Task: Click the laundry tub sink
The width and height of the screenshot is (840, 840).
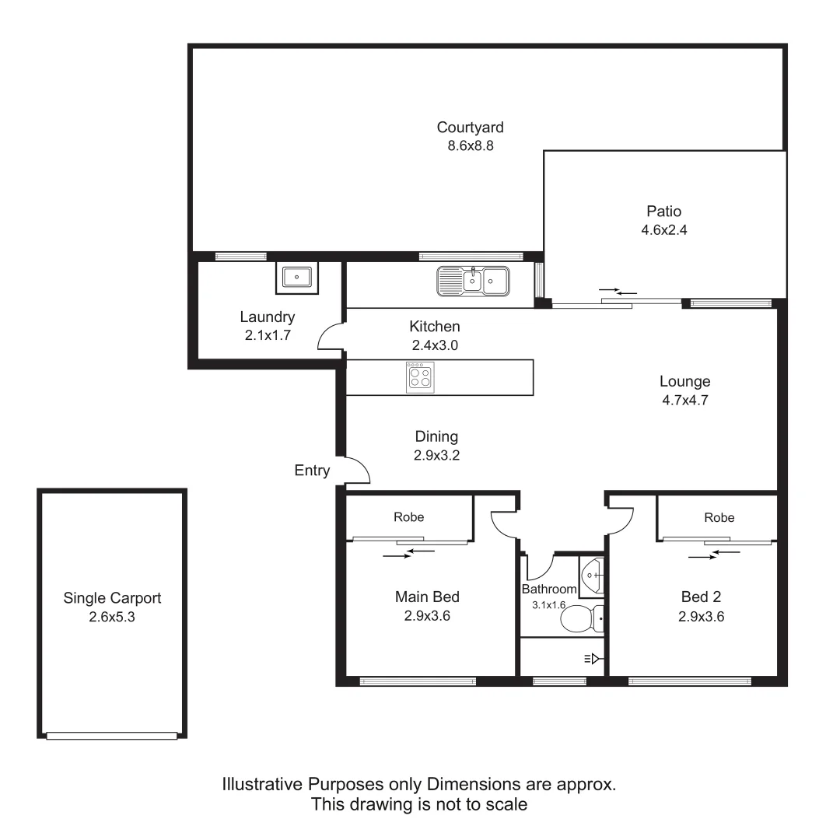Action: pos(296,278)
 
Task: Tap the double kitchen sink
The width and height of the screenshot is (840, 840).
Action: pos(473,281)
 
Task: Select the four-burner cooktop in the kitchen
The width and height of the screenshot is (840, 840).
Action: pos(421,378)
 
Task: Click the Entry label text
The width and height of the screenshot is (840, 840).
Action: pos(312,471)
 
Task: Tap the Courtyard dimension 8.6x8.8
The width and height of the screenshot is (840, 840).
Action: pos(470,145)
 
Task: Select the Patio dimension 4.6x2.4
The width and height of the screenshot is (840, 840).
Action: pos(663,230)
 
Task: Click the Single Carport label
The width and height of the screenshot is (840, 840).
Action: pos(112,598)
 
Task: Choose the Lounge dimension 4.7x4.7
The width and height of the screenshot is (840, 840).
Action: pos(684,401)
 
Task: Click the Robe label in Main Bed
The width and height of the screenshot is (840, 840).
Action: pos(408,516)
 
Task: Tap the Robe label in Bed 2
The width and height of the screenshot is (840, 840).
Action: pos(719,517)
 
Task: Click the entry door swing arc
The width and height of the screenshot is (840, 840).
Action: pos(359,468)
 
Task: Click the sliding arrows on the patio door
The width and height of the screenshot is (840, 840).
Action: pos(618,292)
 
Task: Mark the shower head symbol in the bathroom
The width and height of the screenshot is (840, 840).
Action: pos(592,660)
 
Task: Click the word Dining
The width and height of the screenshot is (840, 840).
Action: pos(436,436)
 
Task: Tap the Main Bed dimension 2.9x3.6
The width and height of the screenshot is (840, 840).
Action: pos(427,617)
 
